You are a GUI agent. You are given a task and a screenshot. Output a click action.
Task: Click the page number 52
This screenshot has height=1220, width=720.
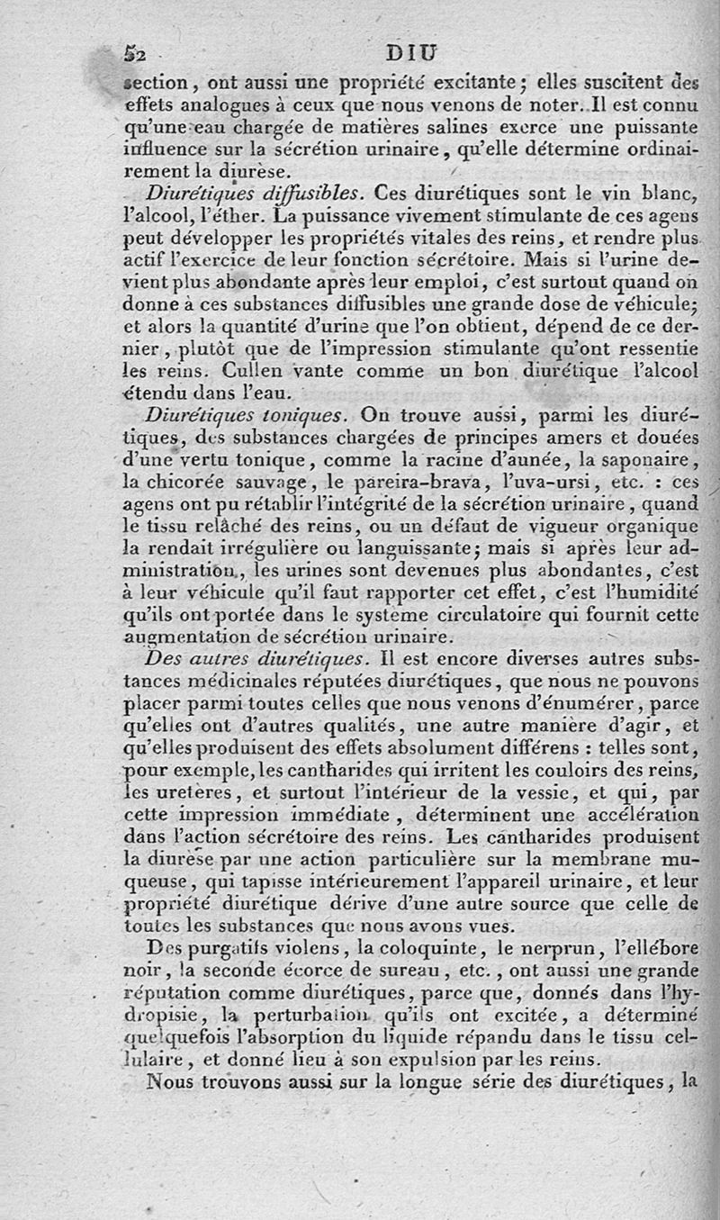(133, 53)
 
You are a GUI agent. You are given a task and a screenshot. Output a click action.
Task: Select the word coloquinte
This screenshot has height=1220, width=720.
(423, 948)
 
